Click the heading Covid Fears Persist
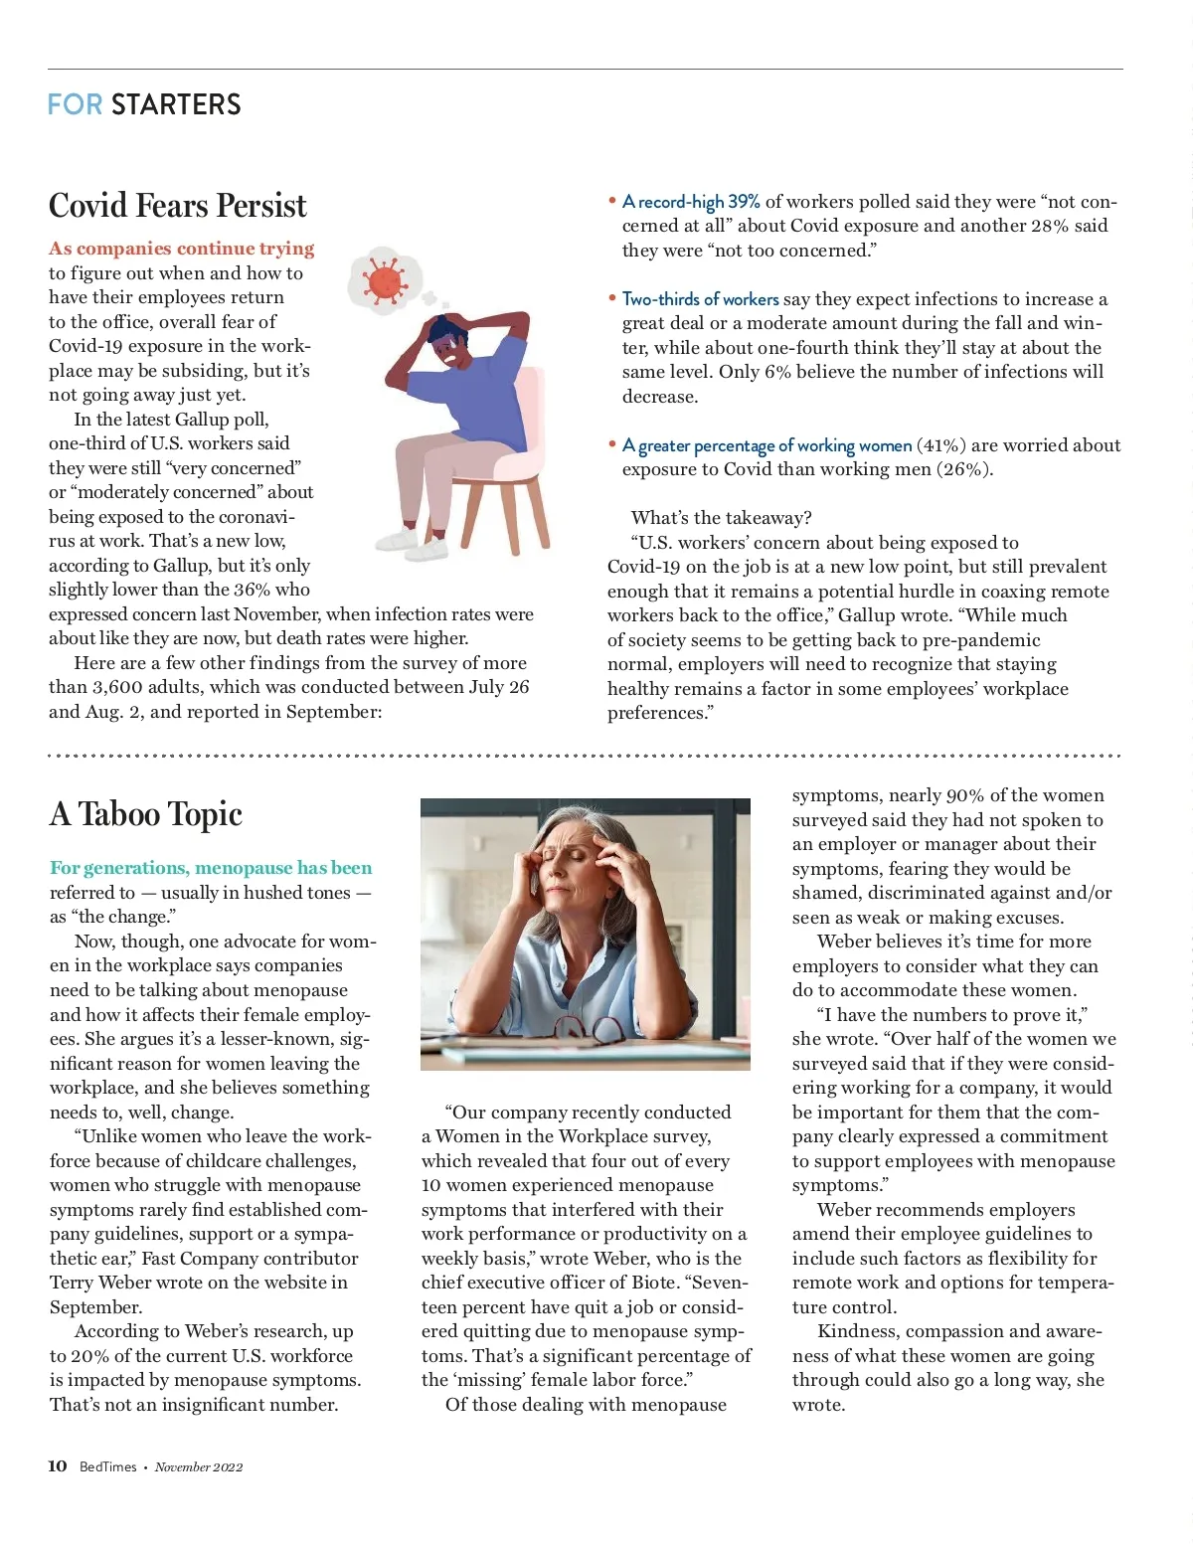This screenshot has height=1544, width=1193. [x=178, y=206]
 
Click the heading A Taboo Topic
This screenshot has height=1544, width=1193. [x=146, y=814]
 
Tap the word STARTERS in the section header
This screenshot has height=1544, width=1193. [x=176, y=104]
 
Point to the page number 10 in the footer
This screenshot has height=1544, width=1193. [x=58, y=1465]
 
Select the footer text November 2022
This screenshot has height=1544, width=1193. [x=199, y=1466]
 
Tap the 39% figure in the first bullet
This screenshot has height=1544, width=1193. [x=744, y=202]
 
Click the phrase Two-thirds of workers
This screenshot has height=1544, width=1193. [x=700, y=299]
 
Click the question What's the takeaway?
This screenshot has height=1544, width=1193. [x=721, y=518]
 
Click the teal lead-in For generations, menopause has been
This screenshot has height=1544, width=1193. [x=211, y=868]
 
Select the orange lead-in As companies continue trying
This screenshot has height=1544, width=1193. [x=182, y=249]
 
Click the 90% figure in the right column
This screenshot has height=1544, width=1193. [x=964, y=795]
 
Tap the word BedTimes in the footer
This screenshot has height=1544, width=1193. [x=108, y=1466]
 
